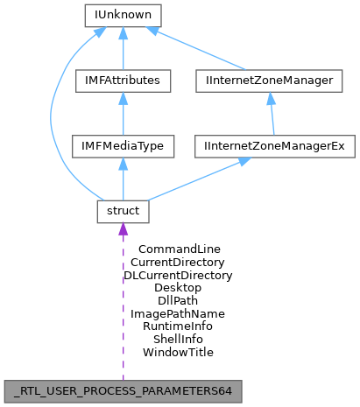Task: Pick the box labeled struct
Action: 123,211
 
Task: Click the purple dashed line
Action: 123,306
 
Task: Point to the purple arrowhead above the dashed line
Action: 123,229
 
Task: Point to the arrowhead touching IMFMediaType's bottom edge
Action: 123,164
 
